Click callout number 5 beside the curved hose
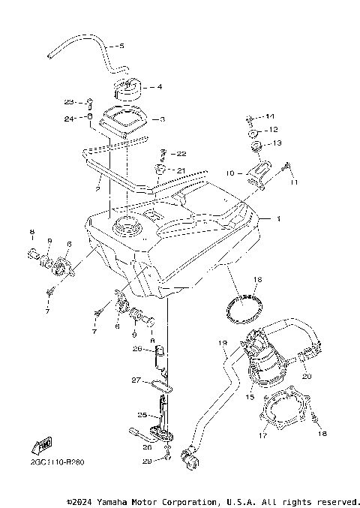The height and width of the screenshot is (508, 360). pyautogui.click(x=121, y=47)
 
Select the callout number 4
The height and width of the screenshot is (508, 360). pyautogui.click(x=160, y=86)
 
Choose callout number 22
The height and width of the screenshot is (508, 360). pyautogui.click(x=181, y=154)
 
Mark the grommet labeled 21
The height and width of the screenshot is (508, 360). pyautogui.click(x=160, y=170)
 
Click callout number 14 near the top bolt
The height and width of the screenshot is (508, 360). pyautogui.click(x=270, y=116)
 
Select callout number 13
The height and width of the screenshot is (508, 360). pyautogui.click(x=277, y=143)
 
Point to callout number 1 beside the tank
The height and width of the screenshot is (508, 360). pyautogui.click(x=278, y=220)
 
